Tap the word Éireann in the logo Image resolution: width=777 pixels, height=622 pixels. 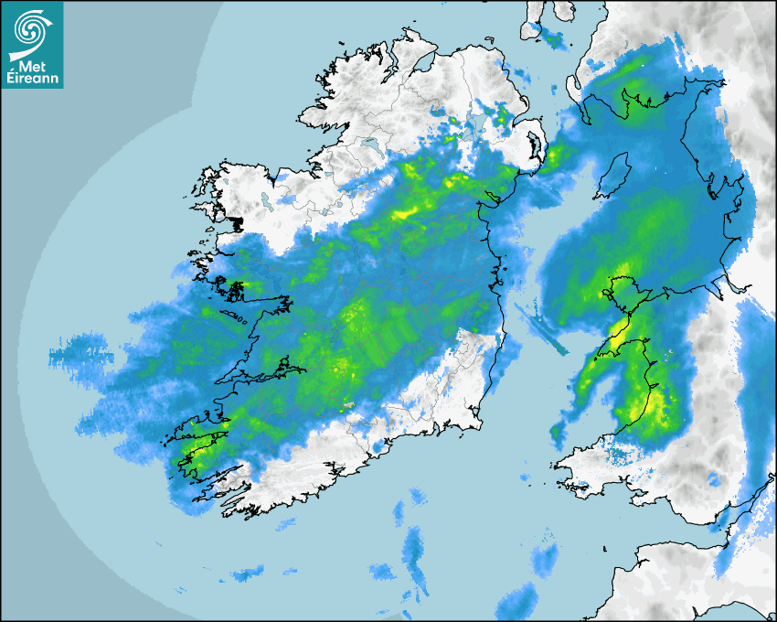(33, 78)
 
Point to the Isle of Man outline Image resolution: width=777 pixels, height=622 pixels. (612, 177)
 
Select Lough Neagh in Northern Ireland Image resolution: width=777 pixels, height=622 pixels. (473, 127)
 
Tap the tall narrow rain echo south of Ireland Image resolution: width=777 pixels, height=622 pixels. (414, 553)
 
